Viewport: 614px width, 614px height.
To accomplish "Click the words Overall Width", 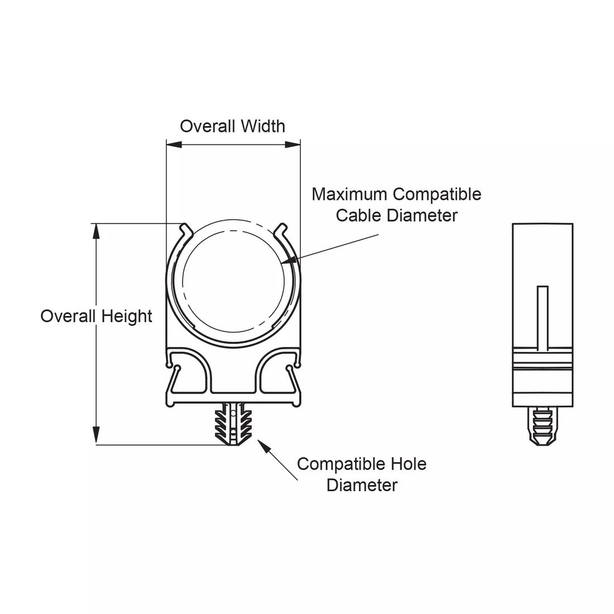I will coord(232,126).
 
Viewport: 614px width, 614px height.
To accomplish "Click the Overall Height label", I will coord(96,316).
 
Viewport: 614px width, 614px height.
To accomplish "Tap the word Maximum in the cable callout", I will coord(349,194).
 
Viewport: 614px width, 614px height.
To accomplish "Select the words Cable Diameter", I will coord(396,215).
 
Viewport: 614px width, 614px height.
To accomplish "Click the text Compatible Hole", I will coord(362,464).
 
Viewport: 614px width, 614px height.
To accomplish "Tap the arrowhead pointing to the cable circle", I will coord(290,260).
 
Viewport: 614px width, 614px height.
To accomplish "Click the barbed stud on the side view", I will coord(543,425).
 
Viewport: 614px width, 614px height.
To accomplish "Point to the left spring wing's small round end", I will coord(178,368).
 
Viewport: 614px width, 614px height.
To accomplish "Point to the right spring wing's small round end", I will coord(289,368).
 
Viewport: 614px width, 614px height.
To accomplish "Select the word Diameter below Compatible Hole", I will coord(362,485).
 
